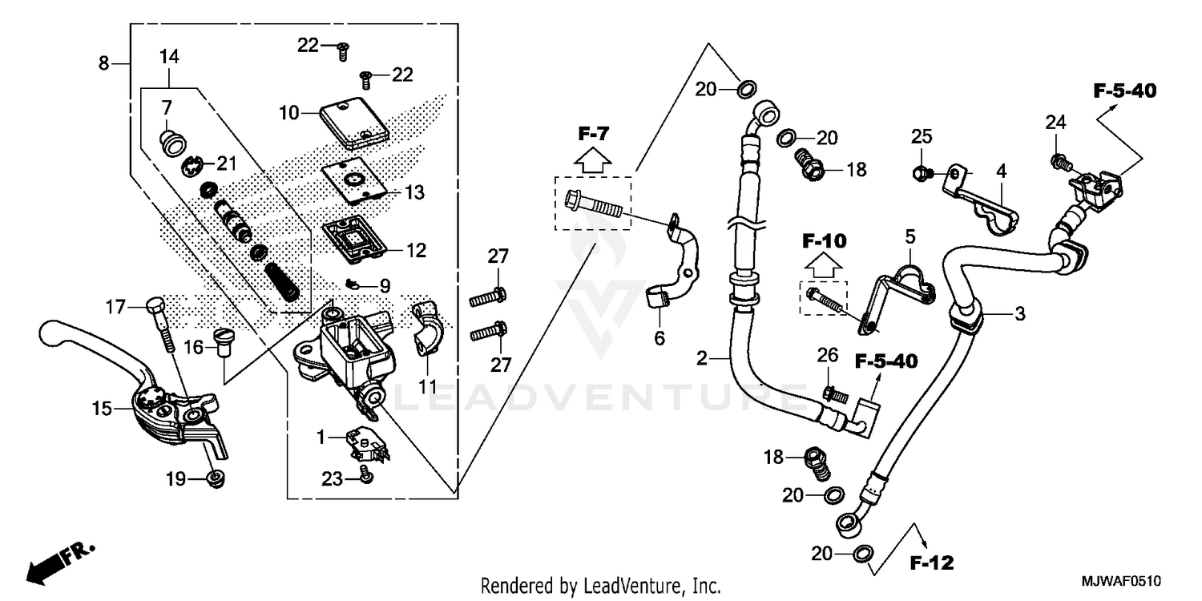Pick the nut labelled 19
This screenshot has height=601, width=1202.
(x=214, y=479)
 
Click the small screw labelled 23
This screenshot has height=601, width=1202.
(x=365, y=476)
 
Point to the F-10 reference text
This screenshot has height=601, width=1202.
(x=825, y=240)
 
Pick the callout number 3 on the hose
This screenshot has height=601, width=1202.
(x=1019, y=315)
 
